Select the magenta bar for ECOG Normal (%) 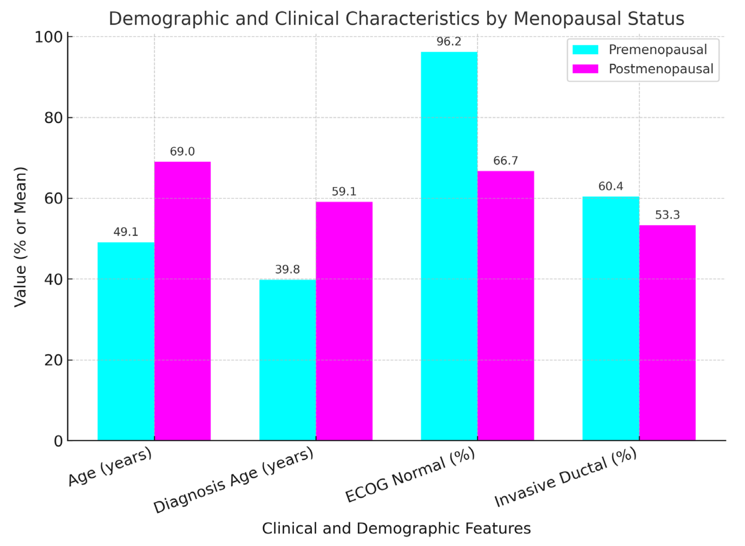tap(505, 305)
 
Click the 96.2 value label tap(449, 42)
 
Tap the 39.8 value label tap(287, 269)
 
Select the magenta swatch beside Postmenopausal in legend tap(585, 69)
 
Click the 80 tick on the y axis tap(53, 118)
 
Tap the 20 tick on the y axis tap(53, 360)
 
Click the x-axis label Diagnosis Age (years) tap(233, 480)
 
